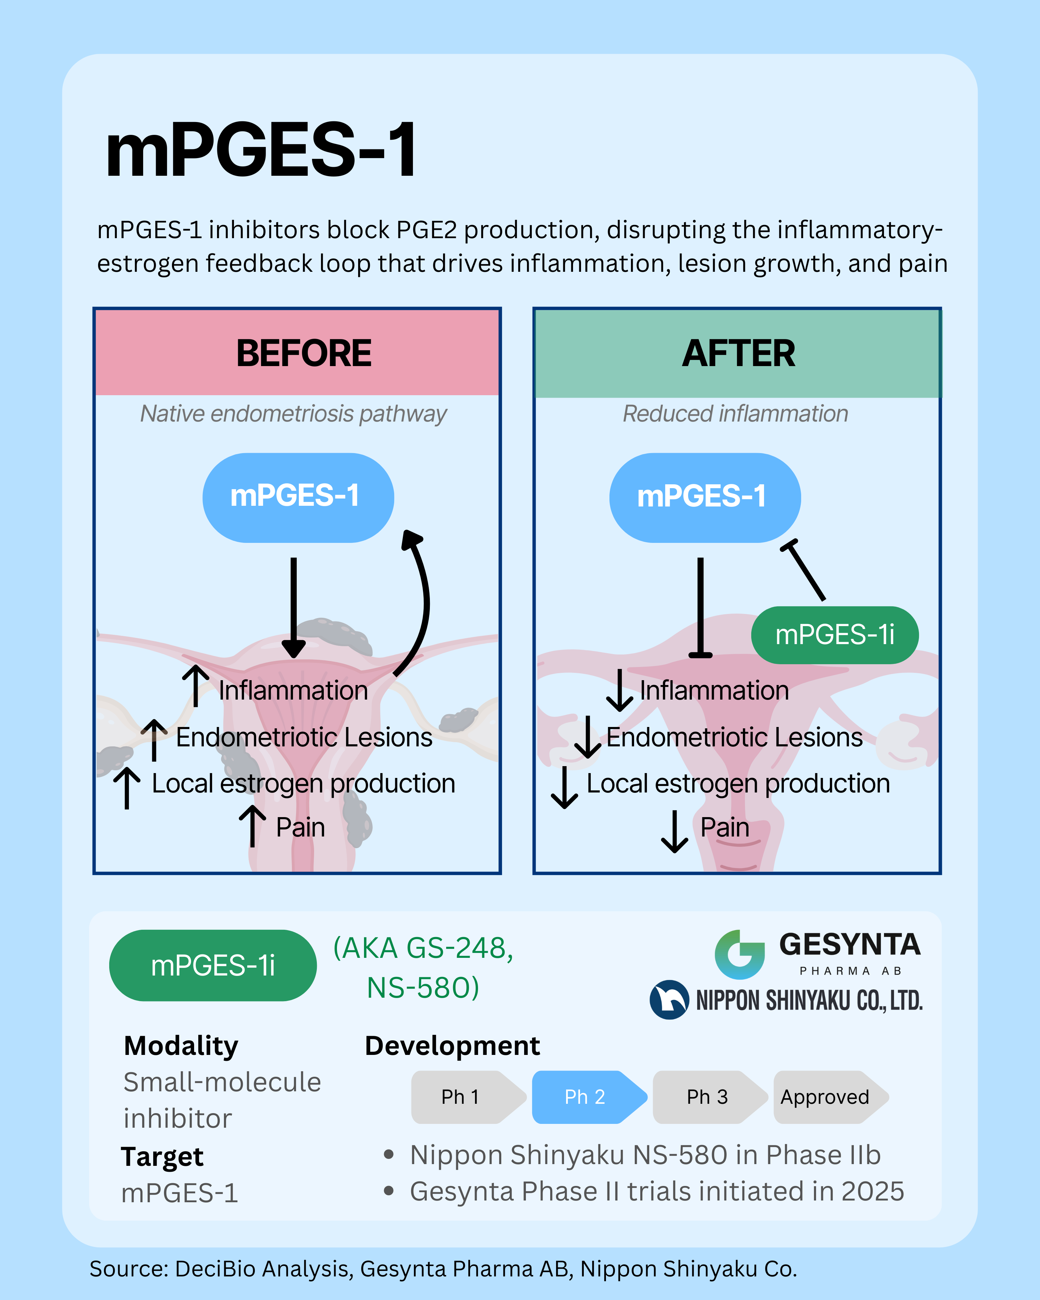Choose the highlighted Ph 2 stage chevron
(x=585, y=1097)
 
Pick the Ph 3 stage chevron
(x=707, y=1097)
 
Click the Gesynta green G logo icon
(x=739, y=954)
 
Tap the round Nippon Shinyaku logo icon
(x=669, y=1000)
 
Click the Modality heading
(x=181, y=1046)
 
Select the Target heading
(x=162, y=1156)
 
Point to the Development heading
(x=452, y=1046)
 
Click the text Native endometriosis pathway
(x=294, y=414)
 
